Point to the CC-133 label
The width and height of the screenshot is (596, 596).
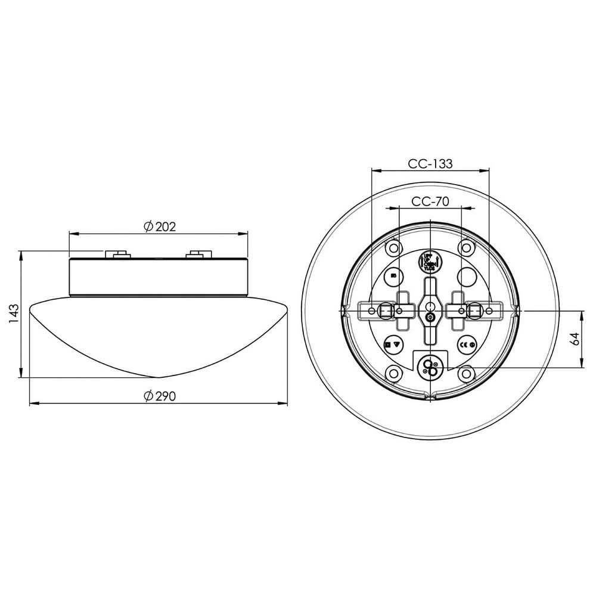coord(430,163)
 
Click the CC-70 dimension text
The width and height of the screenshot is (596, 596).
coord(430,201)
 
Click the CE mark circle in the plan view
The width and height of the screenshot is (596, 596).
coord(466,344)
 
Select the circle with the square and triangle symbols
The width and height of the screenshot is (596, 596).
coord(393,344)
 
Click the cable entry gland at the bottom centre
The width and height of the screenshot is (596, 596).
coord(430,366)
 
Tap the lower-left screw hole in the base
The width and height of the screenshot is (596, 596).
coord(393,374)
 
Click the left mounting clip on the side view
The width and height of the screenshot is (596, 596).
coord(119,254)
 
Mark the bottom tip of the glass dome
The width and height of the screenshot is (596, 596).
coord(158,377)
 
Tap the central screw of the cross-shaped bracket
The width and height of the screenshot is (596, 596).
coord(430,318)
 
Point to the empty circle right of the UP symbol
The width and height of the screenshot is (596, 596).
coord(467,276)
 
